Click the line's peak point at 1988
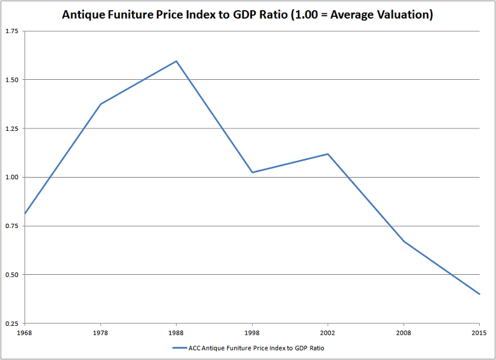tap(176, 61)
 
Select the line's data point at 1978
tap(100, 104)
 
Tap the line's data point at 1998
tap(252, 172)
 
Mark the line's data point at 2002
tap(328, 154)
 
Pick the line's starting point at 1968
tap(25, 214)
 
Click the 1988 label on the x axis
tap(176, 332)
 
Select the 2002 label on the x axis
tap(328, 332)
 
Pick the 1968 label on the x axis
tap(25, 332)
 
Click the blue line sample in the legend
tap(181, 347)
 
